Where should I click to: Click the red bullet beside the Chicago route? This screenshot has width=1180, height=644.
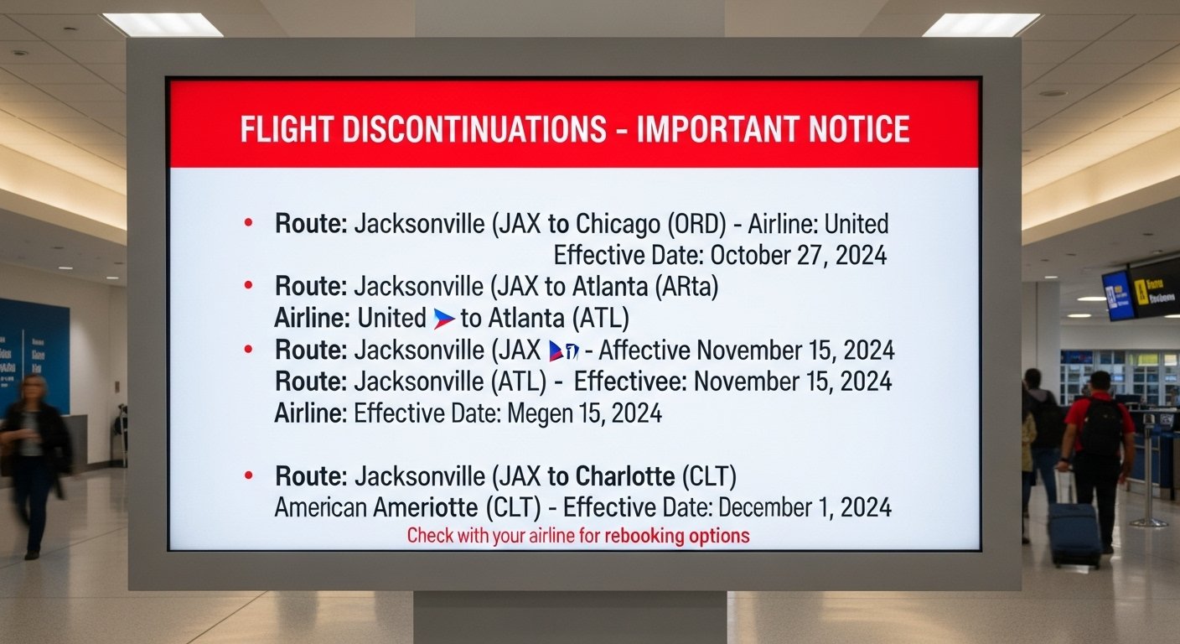click(248, 223)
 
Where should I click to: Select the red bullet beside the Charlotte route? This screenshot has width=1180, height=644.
click(248, 476)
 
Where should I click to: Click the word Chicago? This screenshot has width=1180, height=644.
click(618, 224)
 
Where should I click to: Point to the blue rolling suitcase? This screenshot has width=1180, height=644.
click(1074, 533)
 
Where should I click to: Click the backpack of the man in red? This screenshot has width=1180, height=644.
click(1102, 427)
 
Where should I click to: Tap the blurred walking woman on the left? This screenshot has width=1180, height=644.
click(34, 461)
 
